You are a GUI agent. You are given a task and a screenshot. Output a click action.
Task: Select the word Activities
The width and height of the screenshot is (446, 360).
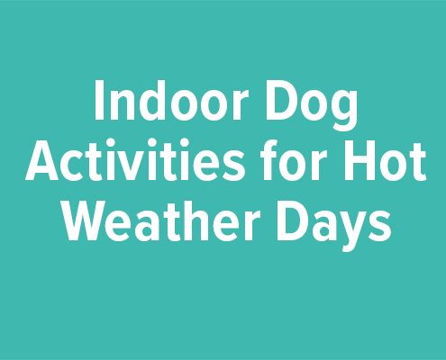(134, 159)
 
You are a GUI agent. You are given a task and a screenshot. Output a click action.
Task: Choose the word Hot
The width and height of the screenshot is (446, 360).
(386, 160)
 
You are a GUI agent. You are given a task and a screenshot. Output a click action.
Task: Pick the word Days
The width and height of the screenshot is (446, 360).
(334, 225)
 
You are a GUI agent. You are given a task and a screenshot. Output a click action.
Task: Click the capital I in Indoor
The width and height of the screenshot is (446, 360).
(99, 101)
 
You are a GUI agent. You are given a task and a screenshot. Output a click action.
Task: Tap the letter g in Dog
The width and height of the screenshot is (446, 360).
(344, 111)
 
